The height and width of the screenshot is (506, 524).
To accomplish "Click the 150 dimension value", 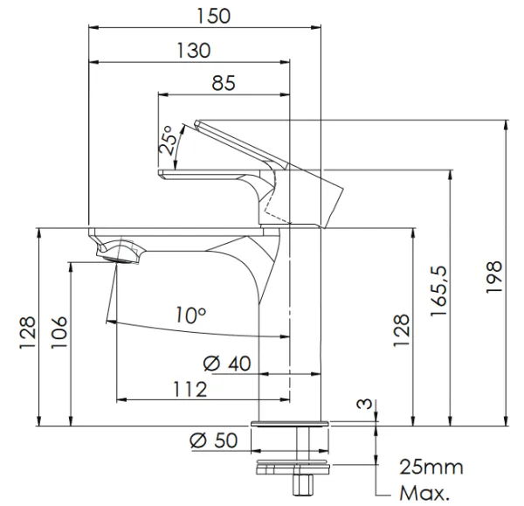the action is click(x=214, y=16).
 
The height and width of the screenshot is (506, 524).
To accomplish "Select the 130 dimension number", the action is click(x=194, y=51).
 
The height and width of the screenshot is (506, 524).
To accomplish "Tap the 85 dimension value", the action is click(x=224, y=83).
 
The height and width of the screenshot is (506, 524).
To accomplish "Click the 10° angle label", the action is click(x=190, y=315).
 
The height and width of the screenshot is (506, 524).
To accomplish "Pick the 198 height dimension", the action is click(x=494, y=277).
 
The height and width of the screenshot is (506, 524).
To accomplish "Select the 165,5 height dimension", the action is click(x=438, y=291).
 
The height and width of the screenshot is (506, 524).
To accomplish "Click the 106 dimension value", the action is click(x=59, y=332).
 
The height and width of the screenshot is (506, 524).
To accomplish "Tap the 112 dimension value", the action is click(x=190, y=390).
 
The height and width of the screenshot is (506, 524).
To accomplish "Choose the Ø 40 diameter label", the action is click(x=227, y=364).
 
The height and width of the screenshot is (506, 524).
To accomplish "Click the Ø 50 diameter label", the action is click(x=214, y=440).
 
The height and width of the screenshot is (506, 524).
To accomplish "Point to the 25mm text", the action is click(x=431, y=467).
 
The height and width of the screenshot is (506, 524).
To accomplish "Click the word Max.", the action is click(x=424, y=493).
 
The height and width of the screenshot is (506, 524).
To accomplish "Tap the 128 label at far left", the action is click(x=27, y=332).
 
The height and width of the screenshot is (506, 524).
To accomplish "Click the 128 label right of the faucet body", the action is click(x=401, y=330).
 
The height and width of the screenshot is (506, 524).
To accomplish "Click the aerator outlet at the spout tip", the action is click(x=118, y=260).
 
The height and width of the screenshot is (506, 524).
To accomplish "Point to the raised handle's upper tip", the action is click(x=196, y=122).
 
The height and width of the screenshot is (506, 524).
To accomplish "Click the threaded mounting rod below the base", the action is click(x=303, y=444).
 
